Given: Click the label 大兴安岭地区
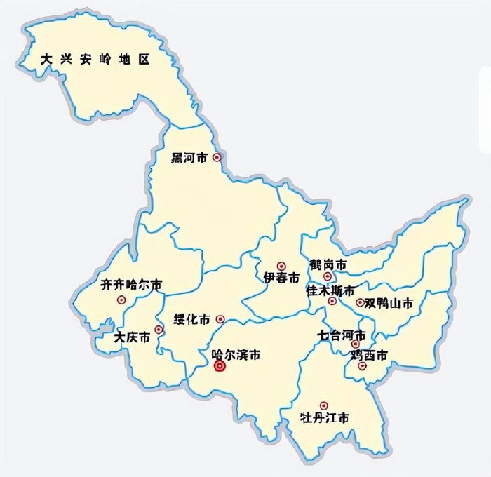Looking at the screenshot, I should coord(95,60).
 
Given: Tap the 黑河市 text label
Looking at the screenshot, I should coord(189,159).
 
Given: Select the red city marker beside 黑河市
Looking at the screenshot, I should coord(217,159).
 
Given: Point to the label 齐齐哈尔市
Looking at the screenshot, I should coord(131,285).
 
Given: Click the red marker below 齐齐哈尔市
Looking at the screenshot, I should coord(122,300).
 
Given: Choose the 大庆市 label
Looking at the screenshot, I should coord(132,337).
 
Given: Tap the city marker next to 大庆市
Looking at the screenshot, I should coord(159,329).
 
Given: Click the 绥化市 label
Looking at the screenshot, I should coord(191,319).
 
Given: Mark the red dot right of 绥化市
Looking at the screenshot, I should coord(220,318).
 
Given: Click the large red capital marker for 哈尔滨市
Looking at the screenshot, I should coord(219,366).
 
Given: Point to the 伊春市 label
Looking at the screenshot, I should coord(281,278).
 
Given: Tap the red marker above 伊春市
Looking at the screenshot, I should coord(281,266).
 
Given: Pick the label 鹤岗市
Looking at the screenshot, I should coord(328,264).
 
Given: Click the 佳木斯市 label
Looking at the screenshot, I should coord(330,290).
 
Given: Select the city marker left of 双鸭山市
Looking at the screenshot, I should coord(360,303).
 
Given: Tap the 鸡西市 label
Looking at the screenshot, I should coord(369,356).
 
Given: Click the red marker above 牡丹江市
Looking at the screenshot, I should coord(323,405).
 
